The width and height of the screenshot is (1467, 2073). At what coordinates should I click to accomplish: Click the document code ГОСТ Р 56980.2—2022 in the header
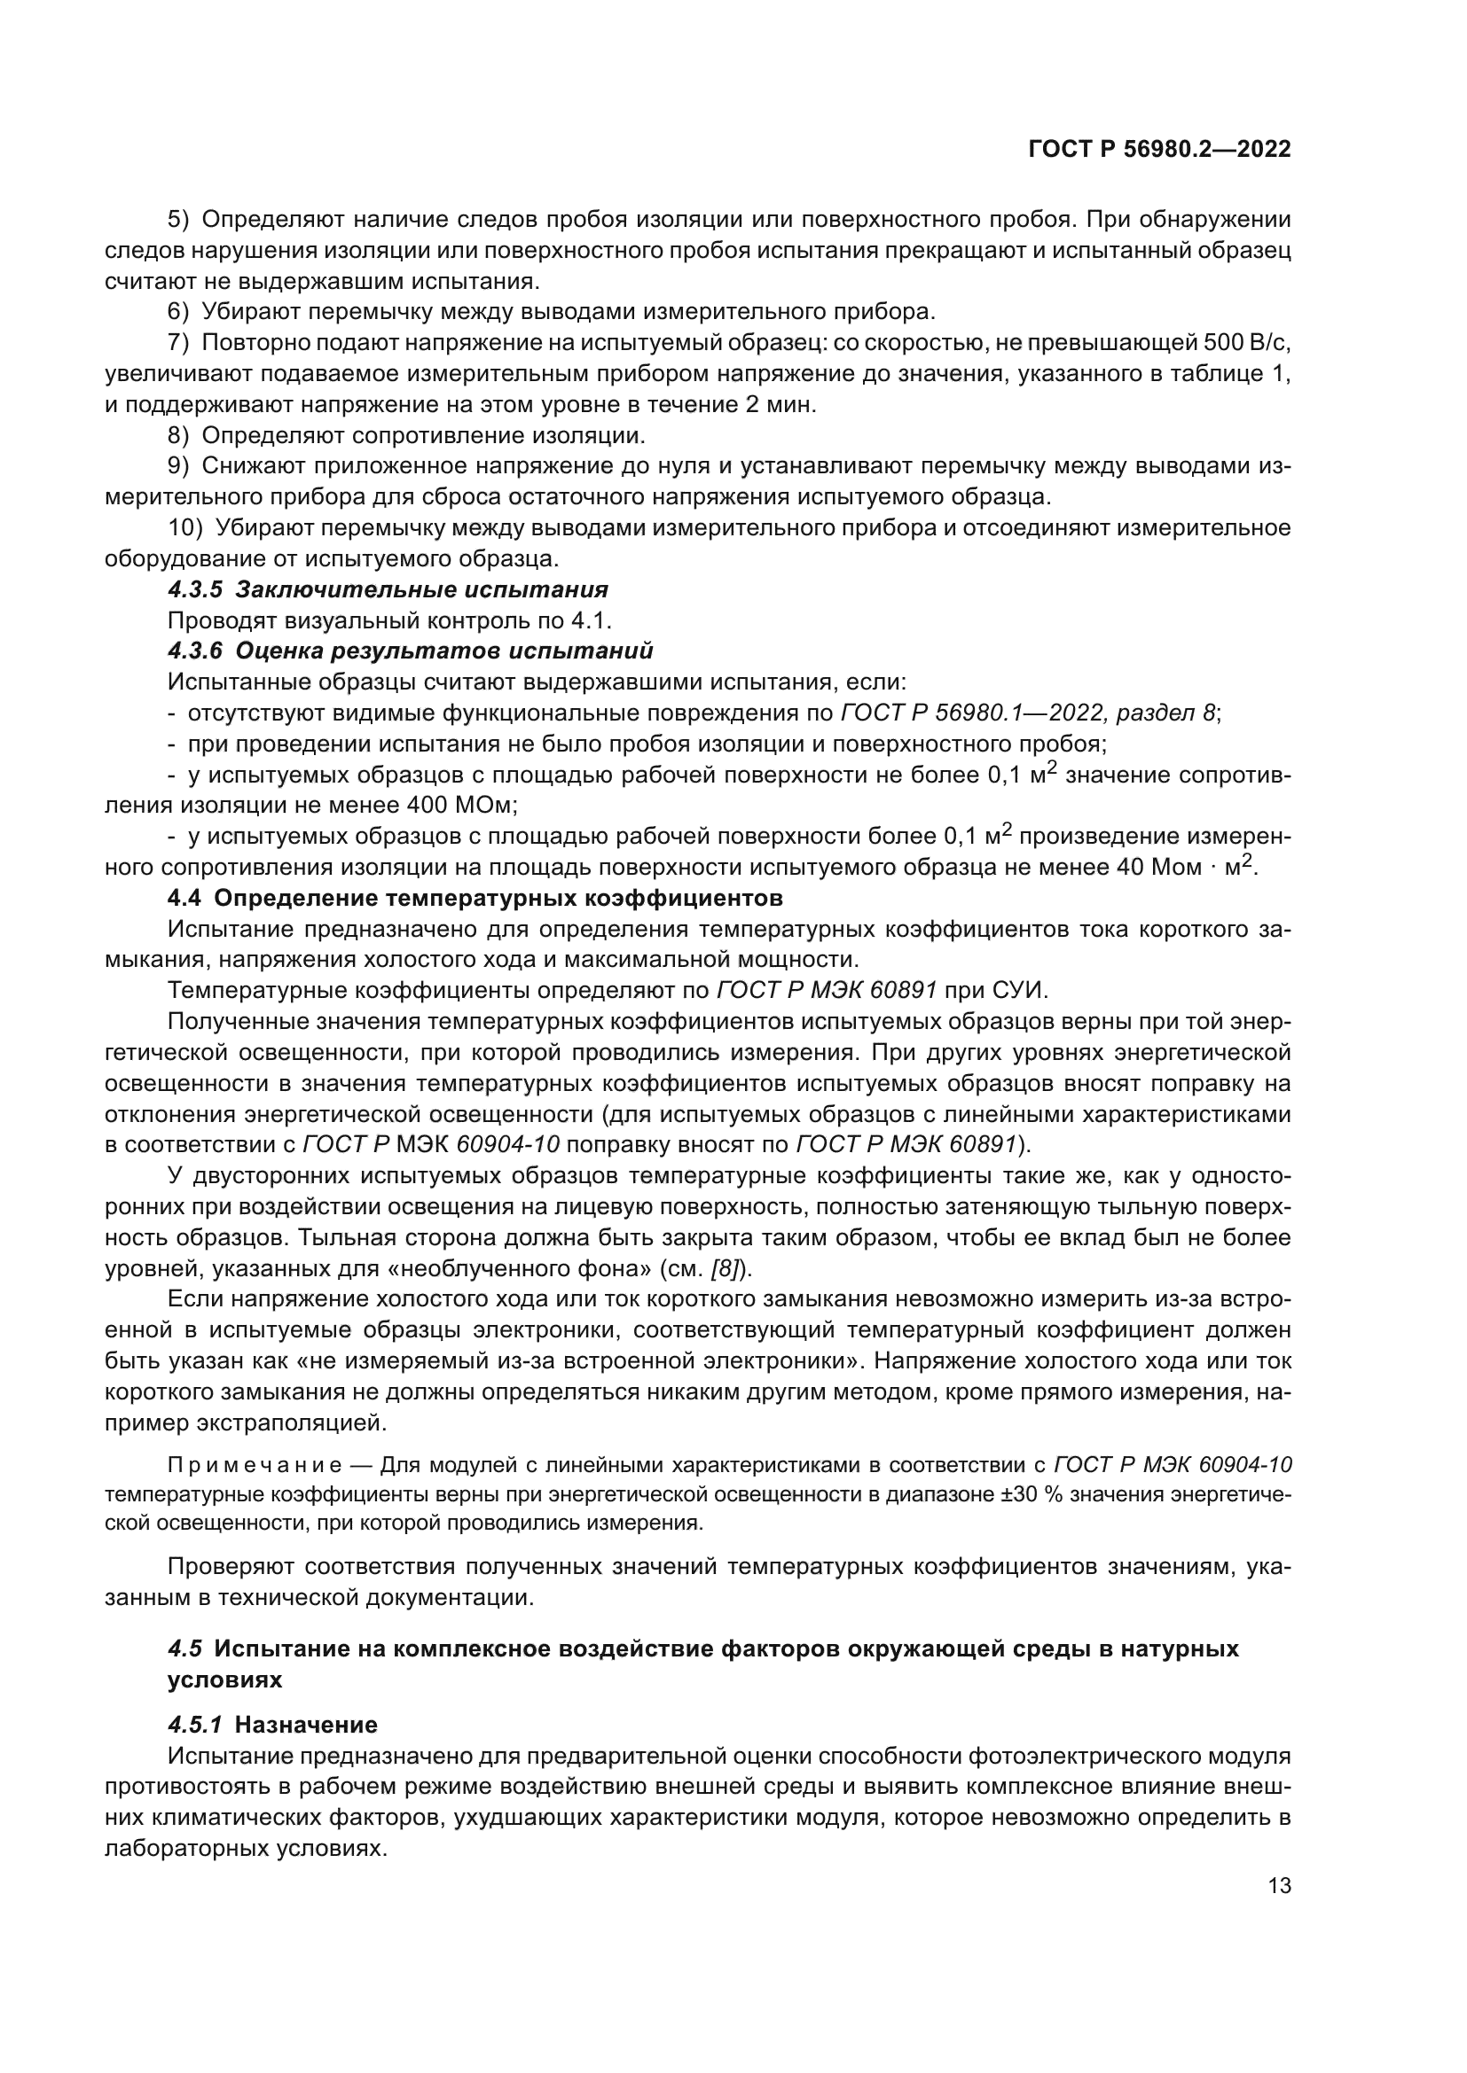(1159, 150)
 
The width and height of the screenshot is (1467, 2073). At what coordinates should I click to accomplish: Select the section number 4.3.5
(195, 589)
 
